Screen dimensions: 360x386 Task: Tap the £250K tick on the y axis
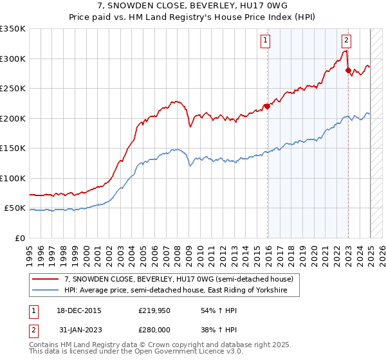pos(14,88)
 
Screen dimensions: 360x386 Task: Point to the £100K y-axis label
pos(14,178)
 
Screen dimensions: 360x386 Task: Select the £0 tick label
pos(19,239)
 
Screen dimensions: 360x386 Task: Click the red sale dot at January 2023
pos(348,70)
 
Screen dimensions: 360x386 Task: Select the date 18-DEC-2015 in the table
pos(78,310)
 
